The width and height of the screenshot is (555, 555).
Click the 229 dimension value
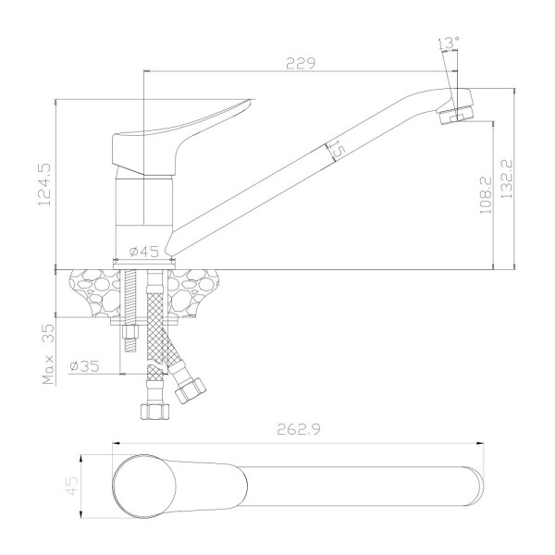(300, 63)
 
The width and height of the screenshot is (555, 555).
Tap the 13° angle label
(449, 43)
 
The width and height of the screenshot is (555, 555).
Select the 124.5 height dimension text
(44, 184)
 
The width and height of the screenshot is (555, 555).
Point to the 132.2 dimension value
(507, 179)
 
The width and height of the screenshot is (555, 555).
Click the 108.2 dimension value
(486, 195)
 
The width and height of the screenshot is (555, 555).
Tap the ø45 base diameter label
(144, 252)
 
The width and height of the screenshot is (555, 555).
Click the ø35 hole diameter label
(84, 366)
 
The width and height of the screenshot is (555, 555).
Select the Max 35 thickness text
(48, 354)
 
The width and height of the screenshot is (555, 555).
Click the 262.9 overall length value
(299, 429)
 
